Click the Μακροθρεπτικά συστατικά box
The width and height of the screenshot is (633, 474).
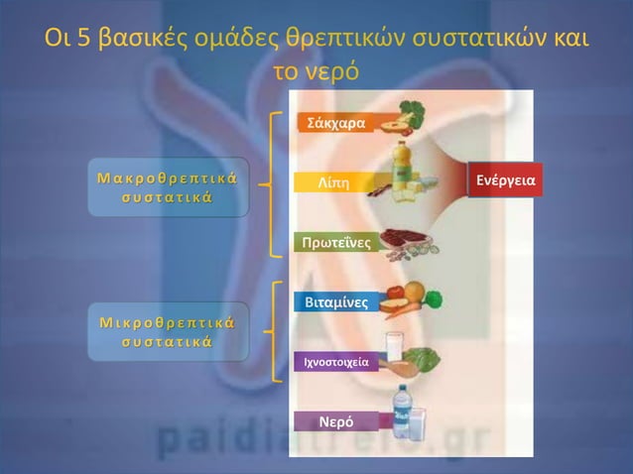tap(166, 186)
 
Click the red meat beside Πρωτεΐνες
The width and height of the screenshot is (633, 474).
tap(403, 238)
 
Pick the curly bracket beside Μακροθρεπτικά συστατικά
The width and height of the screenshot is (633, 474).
tap(275, 183)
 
